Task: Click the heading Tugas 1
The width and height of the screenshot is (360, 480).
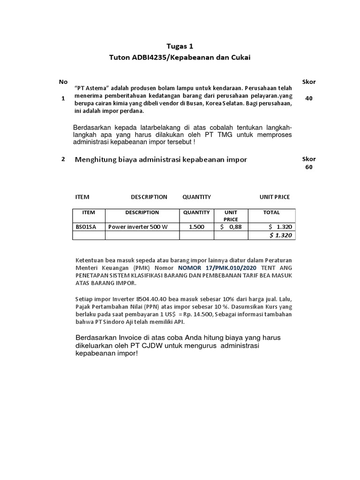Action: tap(180, 46)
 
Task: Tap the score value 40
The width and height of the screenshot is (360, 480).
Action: tap(308, 98)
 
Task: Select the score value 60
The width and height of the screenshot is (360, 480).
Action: tap(308, 167)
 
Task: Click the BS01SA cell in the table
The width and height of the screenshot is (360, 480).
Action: tap(86, 227)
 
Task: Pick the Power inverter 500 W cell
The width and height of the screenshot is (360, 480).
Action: tap(137, 227)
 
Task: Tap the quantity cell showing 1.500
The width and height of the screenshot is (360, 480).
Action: tap(196, 227)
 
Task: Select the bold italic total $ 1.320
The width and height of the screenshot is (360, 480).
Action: tap(281, 235)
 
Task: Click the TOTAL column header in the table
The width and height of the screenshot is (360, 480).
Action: tap(271, 212)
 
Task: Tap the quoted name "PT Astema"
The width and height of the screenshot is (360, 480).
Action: tap(92, 88)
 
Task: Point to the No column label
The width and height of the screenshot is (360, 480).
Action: tap(63, 82)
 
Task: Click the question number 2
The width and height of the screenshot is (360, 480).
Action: tap(63, 159)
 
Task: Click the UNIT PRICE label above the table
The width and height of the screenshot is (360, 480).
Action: tap(275, 197)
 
